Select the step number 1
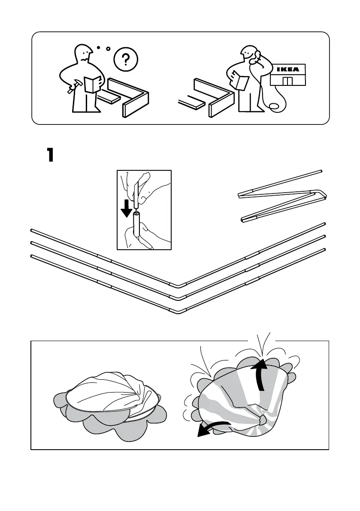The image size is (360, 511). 50,155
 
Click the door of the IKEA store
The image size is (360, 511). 287,81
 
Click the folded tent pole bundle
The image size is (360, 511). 281,196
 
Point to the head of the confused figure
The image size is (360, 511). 83,54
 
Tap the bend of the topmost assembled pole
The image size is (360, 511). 178,284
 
